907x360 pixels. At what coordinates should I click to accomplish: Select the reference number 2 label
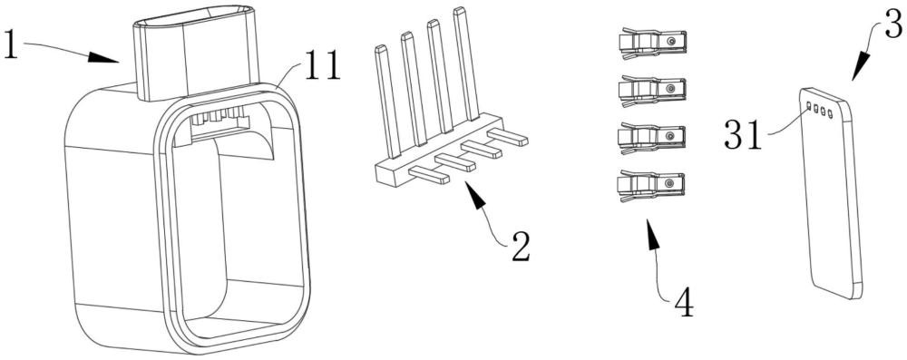[x=520, y=248]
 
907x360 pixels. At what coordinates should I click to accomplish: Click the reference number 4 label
[x=683, y=303]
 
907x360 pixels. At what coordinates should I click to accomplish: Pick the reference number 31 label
[x=743, y=135]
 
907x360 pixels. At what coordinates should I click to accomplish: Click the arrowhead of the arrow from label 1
[x=103, y=57]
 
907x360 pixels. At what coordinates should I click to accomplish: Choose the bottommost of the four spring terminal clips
[x=650, y=185]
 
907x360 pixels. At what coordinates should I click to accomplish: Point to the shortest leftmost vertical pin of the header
[x=387, y=102]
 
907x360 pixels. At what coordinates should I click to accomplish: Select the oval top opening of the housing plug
[x=193, y=18]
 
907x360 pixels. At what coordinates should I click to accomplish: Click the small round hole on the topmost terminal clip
[x=671, y=42]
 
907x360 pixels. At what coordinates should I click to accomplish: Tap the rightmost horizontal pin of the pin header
[x=507, y=137]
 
